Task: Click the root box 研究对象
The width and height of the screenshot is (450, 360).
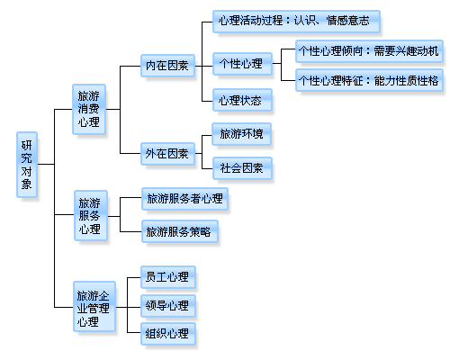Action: tap(27, 165)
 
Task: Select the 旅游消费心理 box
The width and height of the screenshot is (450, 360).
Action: tap(89, 109)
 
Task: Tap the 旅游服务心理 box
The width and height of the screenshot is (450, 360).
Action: tap(89, 217)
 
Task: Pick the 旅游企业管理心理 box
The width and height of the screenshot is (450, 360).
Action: tap(94, 307)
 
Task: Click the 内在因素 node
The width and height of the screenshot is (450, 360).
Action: tap(166, 65)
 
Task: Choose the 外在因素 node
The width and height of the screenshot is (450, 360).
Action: tap(166, 154)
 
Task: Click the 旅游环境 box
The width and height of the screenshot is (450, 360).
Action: tap(241, 135)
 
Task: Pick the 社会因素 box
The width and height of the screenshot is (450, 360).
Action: tap(241, 166)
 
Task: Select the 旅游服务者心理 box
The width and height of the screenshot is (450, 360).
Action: tap(184, 199)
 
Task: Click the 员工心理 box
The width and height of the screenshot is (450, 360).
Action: tap(167, 276)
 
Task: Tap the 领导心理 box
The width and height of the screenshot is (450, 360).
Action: tap(167, 305)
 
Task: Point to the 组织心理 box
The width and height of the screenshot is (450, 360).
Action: tap(167, 334)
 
